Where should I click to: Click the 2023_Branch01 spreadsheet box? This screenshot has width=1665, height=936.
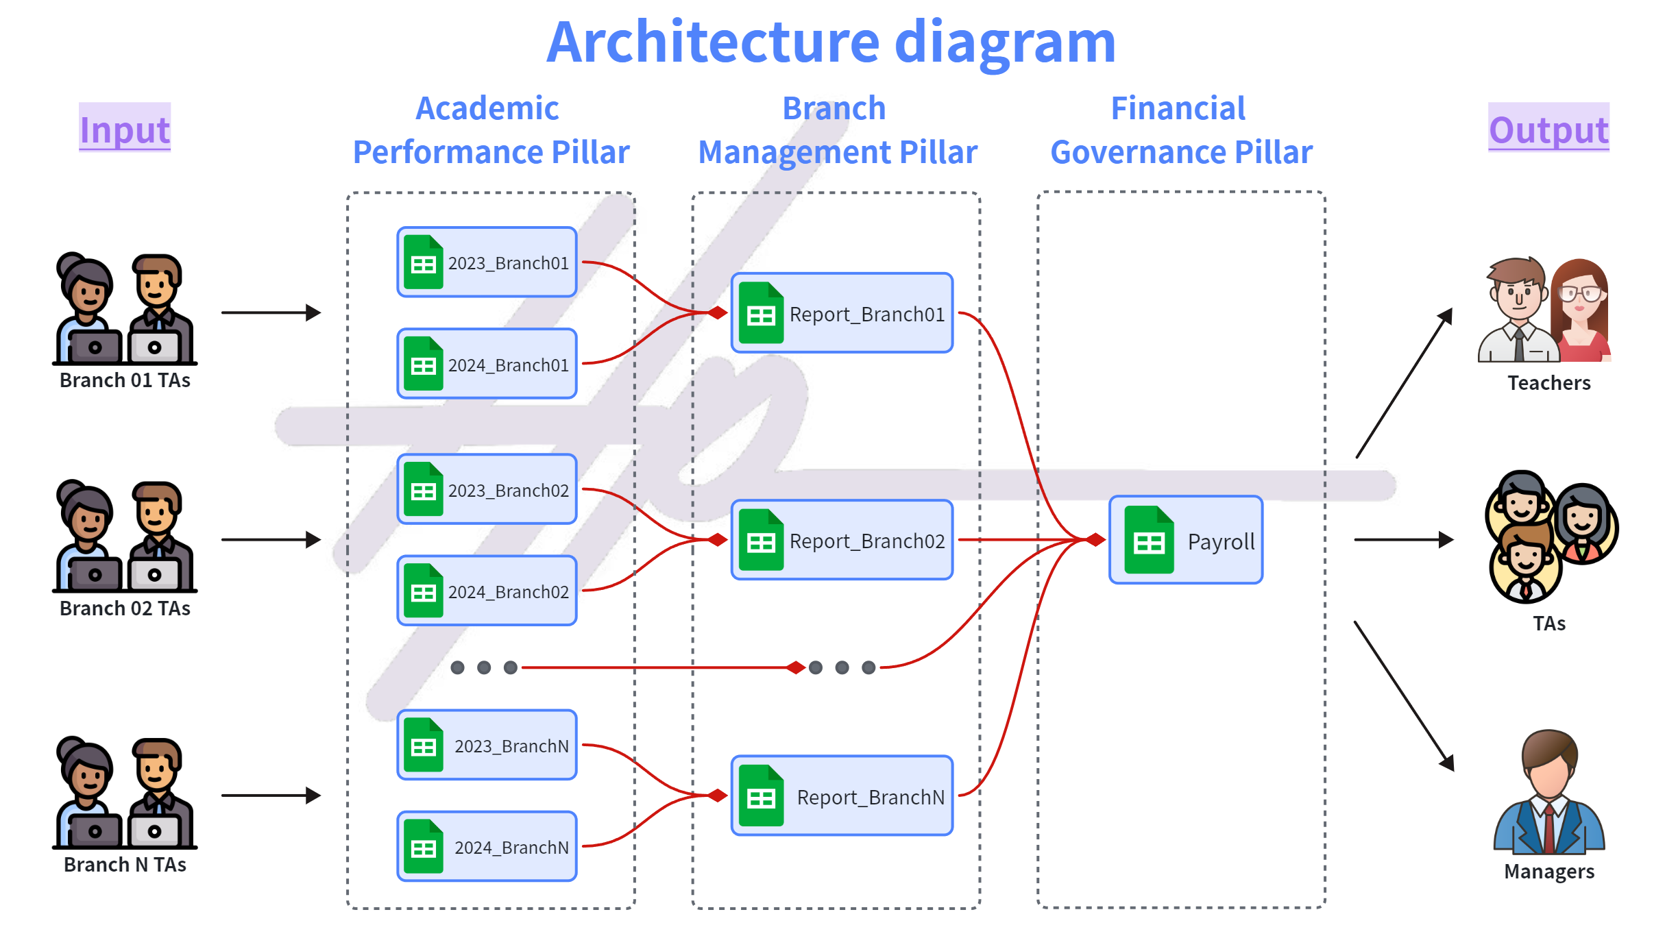(487, 262)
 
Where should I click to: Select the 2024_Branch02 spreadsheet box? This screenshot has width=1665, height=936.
(487, 591)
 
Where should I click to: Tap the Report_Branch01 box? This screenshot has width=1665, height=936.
(842, 313)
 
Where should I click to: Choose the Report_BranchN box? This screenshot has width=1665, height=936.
(842, 796)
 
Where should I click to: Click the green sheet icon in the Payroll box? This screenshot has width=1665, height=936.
(1149, 540)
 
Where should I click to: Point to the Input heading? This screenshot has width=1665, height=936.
(125, 129)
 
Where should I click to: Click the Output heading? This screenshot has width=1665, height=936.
(1548, 129)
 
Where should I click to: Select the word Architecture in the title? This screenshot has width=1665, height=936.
(713, 42)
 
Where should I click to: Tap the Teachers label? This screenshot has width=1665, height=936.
(1548, 383)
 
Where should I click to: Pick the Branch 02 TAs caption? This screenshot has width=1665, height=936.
(125, 608)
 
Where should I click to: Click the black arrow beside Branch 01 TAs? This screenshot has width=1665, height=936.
(271, 312)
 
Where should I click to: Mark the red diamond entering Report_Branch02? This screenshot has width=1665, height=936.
(718, 540)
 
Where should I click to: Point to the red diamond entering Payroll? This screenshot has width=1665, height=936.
(1095, 540)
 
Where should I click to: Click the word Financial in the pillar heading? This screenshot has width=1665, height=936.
(1178, 108)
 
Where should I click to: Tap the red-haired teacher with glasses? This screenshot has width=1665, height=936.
(1581, 308)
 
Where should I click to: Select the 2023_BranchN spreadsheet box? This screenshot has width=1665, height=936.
(487, 745)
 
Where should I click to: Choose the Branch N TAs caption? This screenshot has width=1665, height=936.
(125, 865)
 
